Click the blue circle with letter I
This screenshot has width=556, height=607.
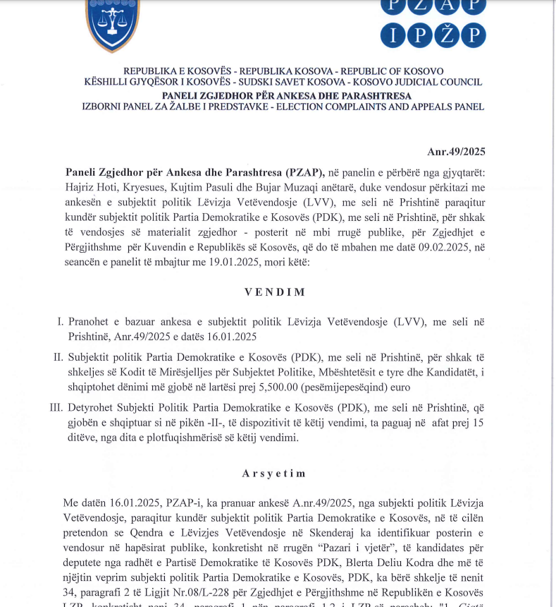point(393,35)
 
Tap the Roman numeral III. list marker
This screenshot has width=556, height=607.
point(54,408)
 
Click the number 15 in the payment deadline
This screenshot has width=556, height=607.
point(478,423)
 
